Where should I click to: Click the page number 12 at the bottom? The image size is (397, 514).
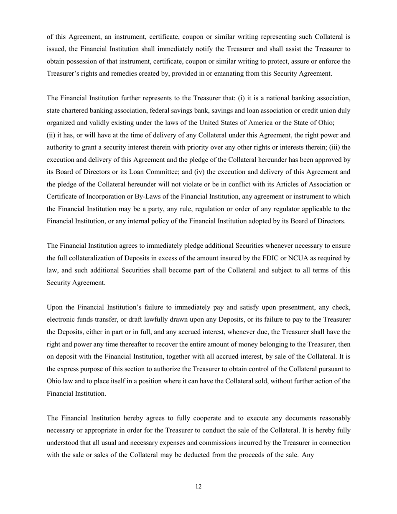point(198,486)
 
